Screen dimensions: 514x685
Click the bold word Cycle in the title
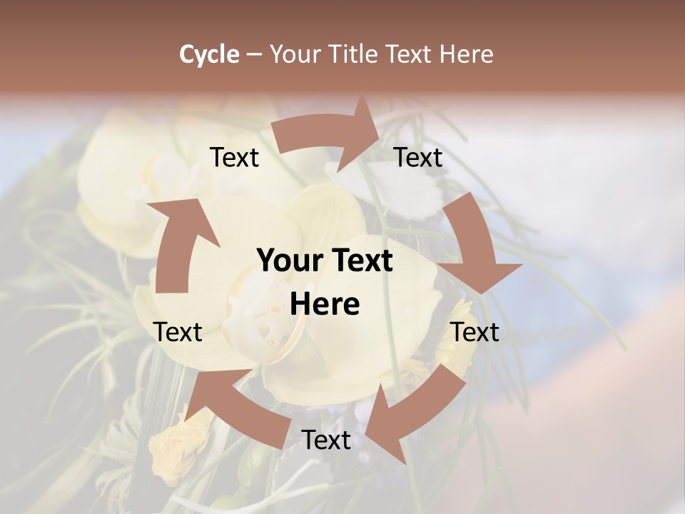209,54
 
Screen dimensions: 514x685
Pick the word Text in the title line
410,54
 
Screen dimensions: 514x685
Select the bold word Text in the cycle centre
360,261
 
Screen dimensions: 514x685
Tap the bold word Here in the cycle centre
325,305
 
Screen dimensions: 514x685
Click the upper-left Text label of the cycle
234,158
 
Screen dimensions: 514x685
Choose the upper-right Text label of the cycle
418,158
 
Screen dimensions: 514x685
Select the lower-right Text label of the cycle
475,332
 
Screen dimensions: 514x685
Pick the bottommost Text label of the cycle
326,440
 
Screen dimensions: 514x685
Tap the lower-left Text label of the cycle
178,332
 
